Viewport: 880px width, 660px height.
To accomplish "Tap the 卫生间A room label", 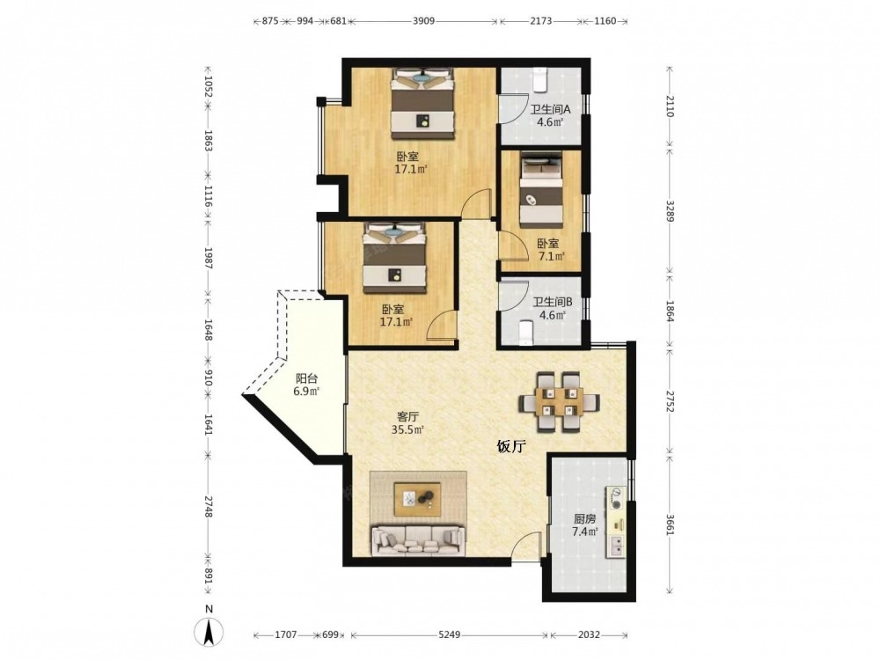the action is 550,109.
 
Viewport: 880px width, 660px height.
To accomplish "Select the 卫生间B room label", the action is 553,303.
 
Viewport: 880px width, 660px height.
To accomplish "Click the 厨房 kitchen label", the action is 584,519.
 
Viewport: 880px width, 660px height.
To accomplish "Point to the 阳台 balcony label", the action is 306,378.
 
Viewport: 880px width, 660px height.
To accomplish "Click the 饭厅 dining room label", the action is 511,447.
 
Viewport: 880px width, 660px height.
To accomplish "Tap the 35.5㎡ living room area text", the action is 407,430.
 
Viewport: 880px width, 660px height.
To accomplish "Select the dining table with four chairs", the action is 559,402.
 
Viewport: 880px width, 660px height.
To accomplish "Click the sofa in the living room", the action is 418,540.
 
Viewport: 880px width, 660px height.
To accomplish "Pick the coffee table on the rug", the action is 417,499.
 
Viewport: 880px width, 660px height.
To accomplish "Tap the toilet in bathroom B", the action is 526,332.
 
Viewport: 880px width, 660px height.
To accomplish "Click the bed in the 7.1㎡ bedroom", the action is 541,188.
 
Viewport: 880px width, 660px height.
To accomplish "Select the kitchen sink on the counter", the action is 616,546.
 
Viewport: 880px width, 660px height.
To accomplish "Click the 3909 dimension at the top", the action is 424,21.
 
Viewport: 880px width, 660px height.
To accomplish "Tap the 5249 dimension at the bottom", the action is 449,634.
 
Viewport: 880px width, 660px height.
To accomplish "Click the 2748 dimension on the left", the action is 208,506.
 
